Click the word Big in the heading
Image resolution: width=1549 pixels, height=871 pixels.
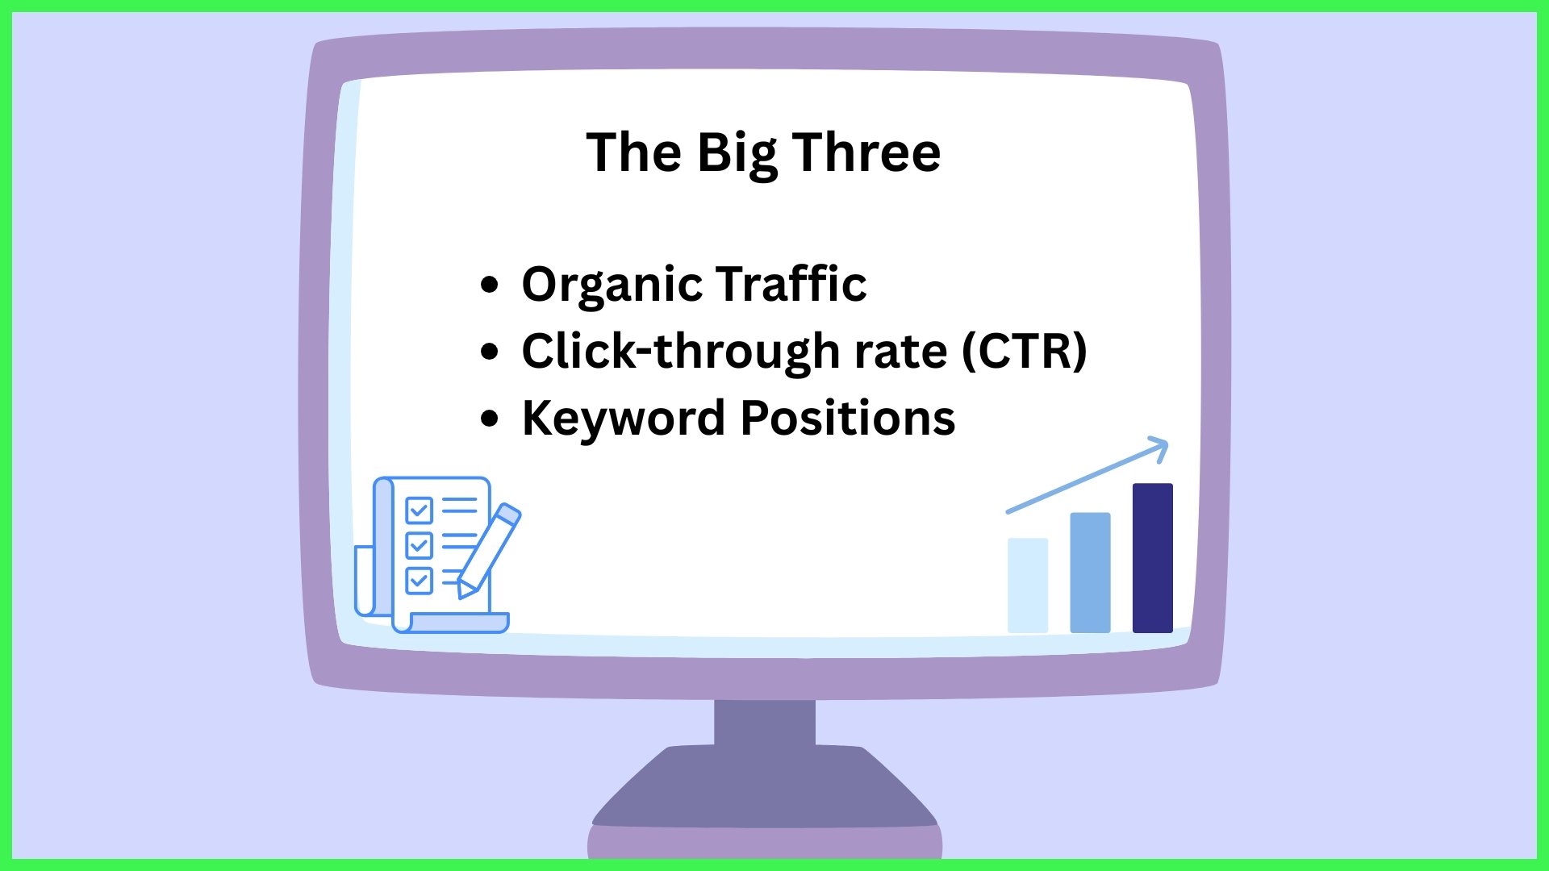point(737,153)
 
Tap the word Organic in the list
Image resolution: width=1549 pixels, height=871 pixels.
point(612,285)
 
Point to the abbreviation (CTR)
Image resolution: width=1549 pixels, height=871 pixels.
point(1024,352)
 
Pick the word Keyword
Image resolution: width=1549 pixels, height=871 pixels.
point(623,419)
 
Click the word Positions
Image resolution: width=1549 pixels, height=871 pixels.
point(847,418)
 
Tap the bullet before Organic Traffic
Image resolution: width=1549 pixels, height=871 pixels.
point(489,285)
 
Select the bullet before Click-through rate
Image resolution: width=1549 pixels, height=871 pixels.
point(489,352)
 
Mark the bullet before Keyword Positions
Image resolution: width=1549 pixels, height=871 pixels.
point(489,419)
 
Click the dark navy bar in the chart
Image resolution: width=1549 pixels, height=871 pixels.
point(1152,558)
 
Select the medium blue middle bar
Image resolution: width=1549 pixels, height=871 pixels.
point(1090,573)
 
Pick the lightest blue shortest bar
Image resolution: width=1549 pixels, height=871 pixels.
point(1028,586)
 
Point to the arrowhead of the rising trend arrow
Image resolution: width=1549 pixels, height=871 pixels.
point(1159,448)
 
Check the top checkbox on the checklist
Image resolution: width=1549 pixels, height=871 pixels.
point(419,510)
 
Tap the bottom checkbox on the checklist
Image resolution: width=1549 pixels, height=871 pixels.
point(419,580)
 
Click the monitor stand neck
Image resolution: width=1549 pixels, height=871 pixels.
point(764,723)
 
